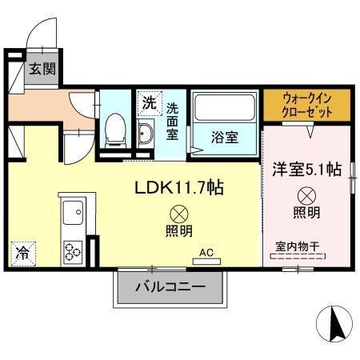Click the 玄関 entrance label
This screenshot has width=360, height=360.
click(x=42, y=70)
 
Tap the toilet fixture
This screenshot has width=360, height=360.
click(x=115, y=128)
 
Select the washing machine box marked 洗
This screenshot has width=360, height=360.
click(x=149, y=102)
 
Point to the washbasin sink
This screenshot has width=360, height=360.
click(x=146, y=132)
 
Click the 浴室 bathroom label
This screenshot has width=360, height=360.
click(x=224, y=136)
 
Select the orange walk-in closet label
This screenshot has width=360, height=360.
click(x=307, y=105)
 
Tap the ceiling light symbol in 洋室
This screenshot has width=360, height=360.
click(x=307, y=194)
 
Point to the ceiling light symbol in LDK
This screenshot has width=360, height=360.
click(x=178, y=214)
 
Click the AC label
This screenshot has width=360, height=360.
click(x=206, y=253)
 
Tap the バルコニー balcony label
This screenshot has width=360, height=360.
click(x=170, y=286)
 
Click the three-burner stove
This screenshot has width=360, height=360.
click(x=73, y=250)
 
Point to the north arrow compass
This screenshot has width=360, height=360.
click(x=336, y=322)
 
